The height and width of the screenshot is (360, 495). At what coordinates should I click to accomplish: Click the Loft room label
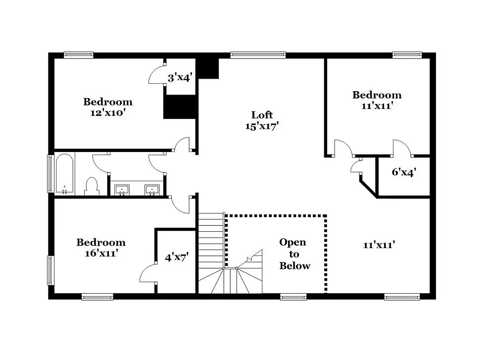click(x=262, y=115)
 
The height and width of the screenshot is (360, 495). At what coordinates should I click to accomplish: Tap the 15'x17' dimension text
click(x=262, y=126)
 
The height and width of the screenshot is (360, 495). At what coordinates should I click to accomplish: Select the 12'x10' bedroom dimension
click(x=107, y=112)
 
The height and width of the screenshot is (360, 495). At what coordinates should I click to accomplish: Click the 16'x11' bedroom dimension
click(x=100, y=253)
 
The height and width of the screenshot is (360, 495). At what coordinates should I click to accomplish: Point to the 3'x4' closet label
click(x=179, y=77)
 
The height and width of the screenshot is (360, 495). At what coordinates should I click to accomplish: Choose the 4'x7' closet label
click(x=177, y=257)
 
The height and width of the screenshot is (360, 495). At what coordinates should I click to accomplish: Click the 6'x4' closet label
click(x=403, y=172)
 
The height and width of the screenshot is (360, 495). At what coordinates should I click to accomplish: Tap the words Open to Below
click(x=294, y=254)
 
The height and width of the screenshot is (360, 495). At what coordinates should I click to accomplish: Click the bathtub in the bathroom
click(x=64, y=174)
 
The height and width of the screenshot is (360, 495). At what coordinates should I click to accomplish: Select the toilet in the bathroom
click(x=92, y=186)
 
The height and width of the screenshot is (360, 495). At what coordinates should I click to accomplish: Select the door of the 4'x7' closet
click(x=148, y=273)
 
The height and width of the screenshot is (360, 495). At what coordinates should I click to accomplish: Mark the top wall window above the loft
click(x=258, y=55)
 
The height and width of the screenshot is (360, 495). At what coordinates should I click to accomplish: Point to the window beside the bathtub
click(x=50, y=174)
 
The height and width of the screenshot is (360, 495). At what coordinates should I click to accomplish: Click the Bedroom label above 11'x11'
click(x=377, y=95)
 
